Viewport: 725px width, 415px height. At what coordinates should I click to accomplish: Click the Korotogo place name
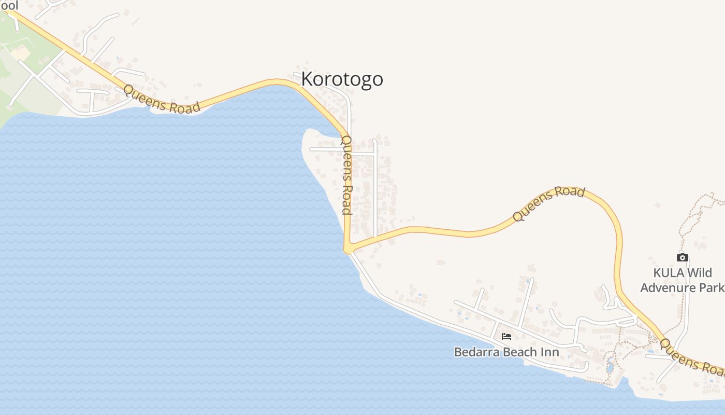point(342,79)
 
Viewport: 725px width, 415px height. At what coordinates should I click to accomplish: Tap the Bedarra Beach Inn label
point(506,352)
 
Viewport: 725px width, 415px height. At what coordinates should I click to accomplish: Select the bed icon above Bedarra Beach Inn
point(506,337)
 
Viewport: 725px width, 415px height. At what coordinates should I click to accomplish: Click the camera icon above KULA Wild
point(682,257)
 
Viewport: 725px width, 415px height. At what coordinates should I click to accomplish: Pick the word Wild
point(700,273)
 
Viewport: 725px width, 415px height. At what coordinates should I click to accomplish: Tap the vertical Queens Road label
point(346,175)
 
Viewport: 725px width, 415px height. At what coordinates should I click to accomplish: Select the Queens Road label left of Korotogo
point(162,99)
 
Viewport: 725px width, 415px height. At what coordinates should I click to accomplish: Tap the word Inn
point(550,352)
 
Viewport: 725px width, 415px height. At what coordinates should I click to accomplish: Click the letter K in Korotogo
point(307,79)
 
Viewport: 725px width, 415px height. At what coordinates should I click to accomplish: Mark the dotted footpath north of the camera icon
point(697,213)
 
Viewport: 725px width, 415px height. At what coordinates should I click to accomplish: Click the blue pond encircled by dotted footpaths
point(610,366)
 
